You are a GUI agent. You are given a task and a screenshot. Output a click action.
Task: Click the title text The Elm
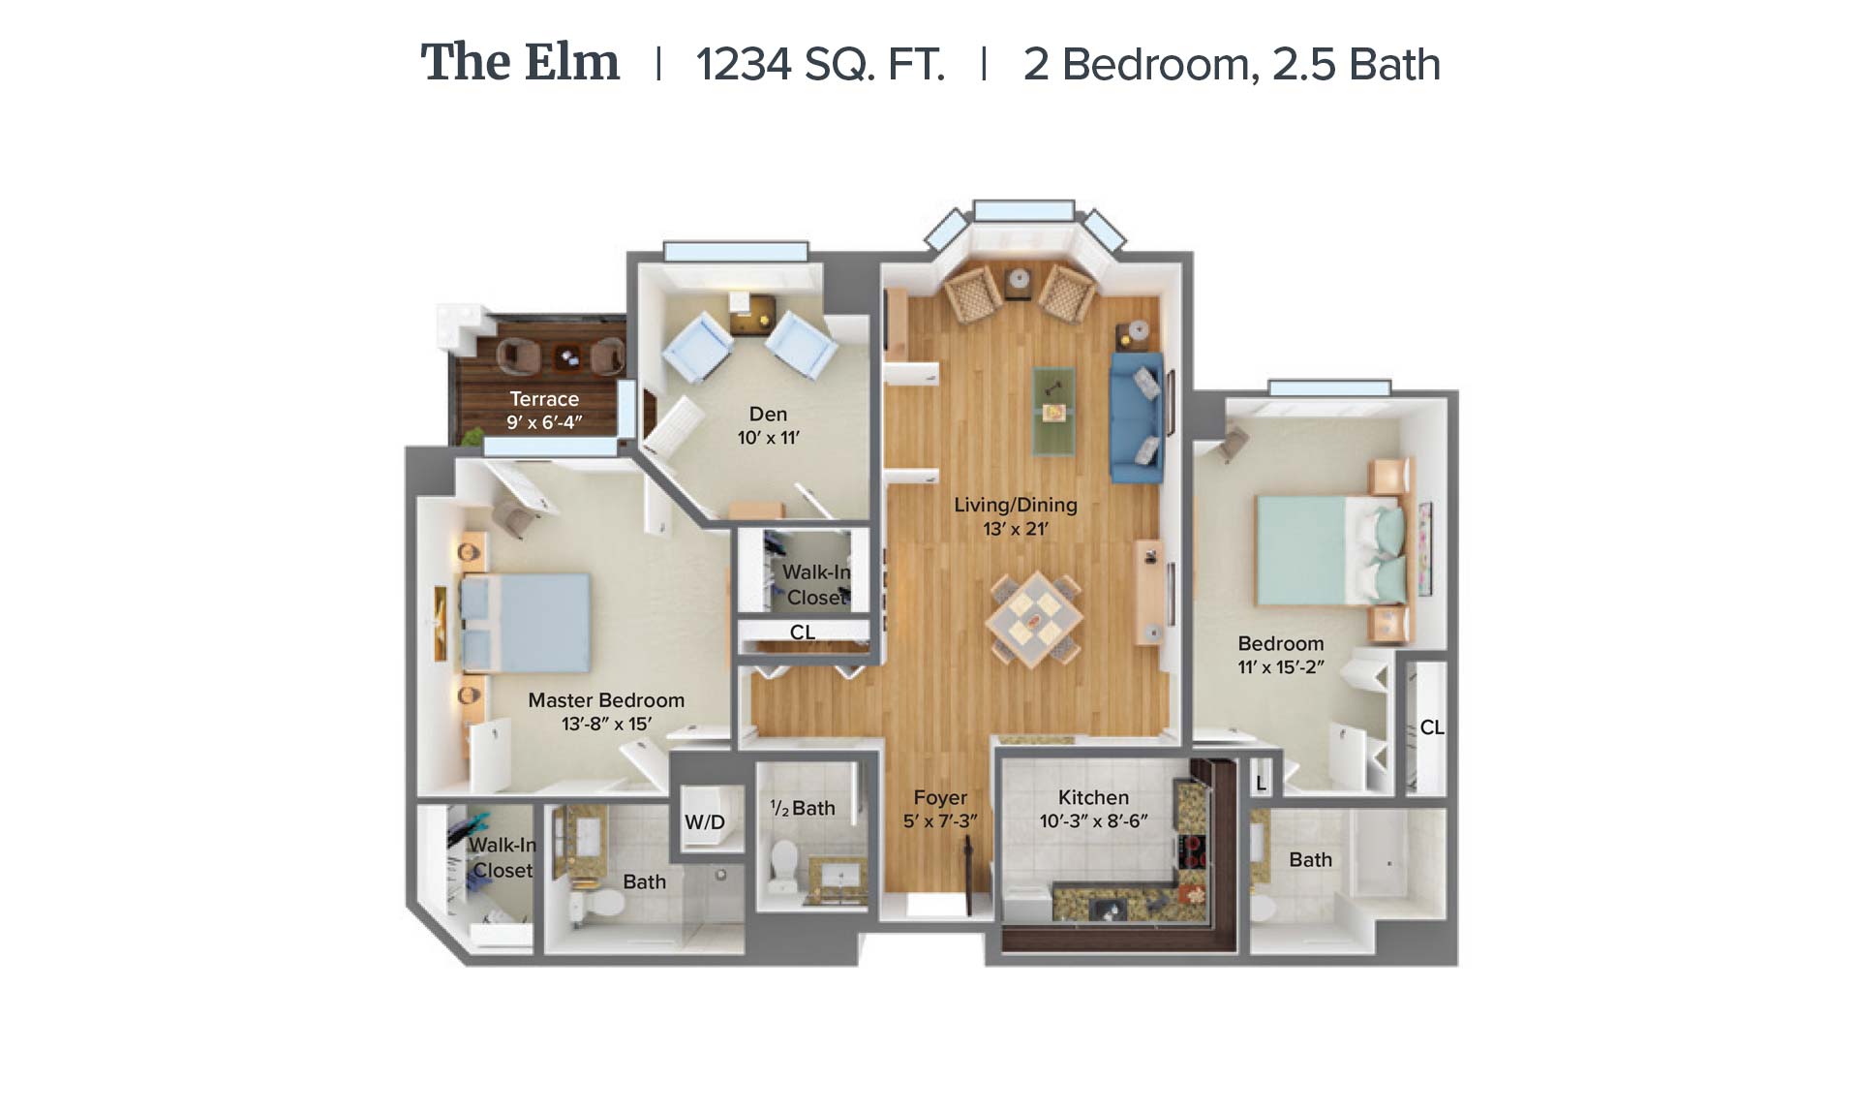click(x=520, y=63)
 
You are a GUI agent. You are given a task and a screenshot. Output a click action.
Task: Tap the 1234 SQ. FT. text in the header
click(x=820, y=65)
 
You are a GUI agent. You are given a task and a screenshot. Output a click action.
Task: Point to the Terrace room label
click(x=544, y=399)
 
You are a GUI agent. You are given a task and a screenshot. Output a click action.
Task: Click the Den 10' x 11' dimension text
click(x=769, y=438)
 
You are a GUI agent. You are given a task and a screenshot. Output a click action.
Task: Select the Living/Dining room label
click(x=1016, y=505)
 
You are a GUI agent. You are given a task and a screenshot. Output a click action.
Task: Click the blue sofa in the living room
click(x=1137, y=417)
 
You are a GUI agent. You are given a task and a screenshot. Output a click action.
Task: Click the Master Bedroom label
click(x=606, y=700)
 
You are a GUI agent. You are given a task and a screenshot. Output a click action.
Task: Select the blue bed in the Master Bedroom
click(x=525, y=623)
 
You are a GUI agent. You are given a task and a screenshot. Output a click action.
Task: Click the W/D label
click(x=705, y=822)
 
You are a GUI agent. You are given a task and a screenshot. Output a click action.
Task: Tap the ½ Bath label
click(x=803, y=808)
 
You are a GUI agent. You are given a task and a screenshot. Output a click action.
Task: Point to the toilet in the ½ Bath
click(x=783, y=865)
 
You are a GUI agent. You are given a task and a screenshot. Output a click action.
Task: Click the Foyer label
click(x=940, y=797)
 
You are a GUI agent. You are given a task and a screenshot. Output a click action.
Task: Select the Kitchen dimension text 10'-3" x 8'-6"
click(x=1094, y=821)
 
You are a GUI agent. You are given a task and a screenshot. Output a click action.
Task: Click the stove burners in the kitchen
click(x=1194, y=850)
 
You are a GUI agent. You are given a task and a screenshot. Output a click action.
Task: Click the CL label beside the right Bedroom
click(x=1432, y=727)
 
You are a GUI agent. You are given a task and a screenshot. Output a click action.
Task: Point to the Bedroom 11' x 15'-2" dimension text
click(x=1281, y=667)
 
